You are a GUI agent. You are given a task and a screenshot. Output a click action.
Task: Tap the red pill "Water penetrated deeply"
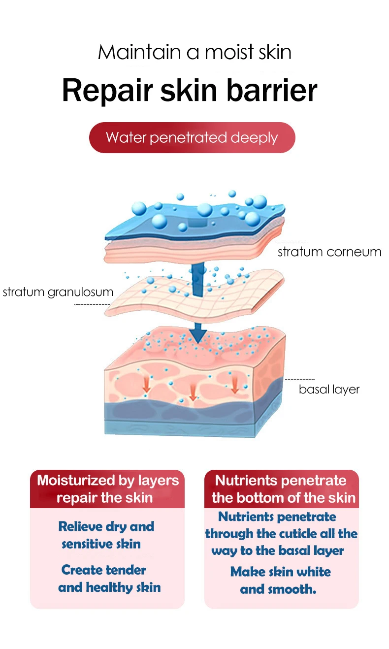tap(192, 137)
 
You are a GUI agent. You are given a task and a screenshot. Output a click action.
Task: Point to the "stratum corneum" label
tap(329, 252)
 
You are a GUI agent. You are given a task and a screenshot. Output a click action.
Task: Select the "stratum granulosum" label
tap(58, 292)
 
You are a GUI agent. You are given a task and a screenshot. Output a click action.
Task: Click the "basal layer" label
tap(329, 389)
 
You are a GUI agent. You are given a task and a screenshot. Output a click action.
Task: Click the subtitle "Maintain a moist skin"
tap(194, 52)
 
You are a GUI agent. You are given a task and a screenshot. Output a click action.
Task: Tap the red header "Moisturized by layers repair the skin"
tap(107, 489)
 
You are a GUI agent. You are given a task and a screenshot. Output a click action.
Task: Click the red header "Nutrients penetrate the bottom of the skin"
tap(282, 489)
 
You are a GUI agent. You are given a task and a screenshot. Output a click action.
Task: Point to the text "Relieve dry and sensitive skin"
tap(105, 535)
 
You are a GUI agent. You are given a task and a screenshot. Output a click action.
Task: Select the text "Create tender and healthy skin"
tap(109, 579)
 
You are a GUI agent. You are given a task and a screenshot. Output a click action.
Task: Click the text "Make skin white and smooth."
tap(280, 580)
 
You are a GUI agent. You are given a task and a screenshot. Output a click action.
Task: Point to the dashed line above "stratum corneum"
tap(292, 242)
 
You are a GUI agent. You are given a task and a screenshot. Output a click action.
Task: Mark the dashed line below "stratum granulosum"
tap(92, 305)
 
